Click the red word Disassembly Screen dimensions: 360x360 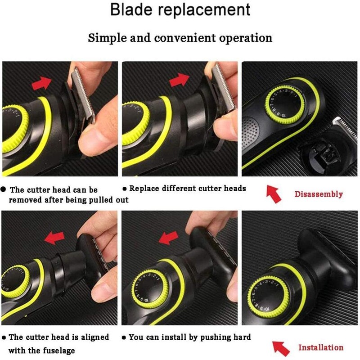click(x=319, y=194)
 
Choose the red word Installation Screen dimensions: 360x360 click(x=320, y=347)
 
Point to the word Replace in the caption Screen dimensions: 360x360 click(x=144, y=188)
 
